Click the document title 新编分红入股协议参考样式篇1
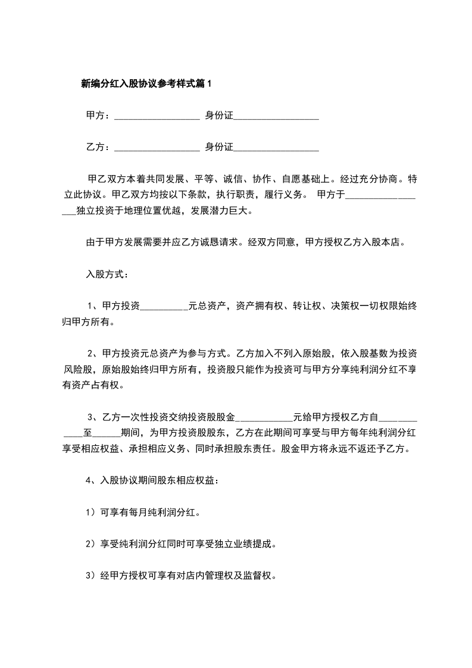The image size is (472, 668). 146,84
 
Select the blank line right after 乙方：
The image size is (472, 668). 156,147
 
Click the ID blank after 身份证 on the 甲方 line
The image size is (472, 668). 276,116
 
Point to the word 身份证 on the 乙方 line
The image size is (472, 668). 219,147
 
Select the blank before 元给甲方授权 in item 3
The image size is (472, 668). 265,417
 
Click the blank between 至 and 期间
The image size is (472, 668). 107,432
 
